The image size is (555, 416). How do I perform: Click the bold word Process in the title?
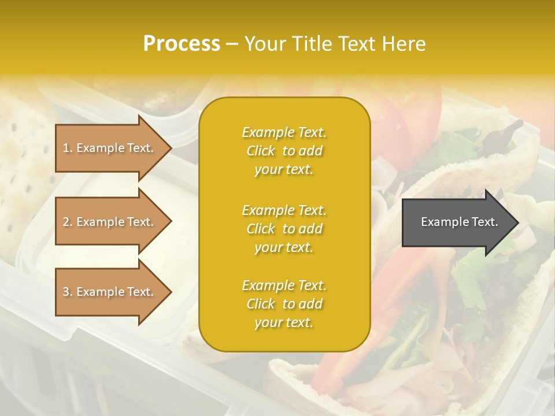[x=182, y=44]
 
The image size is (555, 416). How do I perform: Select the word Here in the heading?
[x=402, y=44]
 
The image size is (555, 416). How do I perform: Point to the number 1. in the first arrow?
[x=68, y=148]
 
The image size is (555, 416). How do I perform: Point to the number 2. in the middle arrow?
[x=68, y=222]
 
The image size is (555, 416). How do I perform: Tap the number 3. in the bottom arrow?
[x=68, y=292]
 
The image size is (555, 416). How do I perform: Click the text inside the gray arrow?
[x=460, y=222]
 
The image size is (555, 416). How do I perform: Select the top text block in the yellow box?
[x=284, y=151]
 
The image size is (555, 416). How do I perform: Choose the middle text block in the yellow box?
[x=284, y=229]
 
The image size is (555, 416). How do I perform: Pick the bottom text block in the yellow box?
[x=284, y=304]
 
